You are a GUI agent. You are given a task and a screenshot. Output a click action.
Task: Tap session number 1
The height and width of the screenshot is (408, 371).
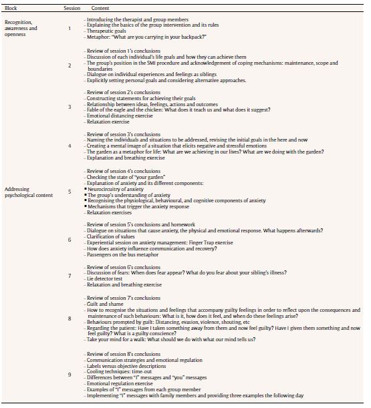tap(69, 28)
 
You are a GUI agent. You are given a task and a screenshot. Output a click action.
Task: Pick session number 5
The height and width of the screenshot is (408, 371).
tap(69, 192)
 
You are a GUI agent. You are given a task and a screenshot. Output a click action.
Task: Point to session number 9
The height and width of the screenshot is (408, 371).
tap(69, 375)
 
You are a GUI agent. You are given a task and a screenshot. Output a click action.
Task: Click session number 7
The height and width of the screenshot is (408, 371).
tap(69, 275)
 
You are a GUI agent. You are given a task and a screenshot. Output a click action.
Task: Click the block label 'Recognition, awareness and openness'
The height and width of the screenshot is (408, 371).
tap(21, 28)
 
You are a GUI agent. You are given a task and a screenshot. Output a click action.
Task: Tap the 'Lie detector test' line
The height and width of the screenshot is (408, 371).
tap(107, 278)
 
